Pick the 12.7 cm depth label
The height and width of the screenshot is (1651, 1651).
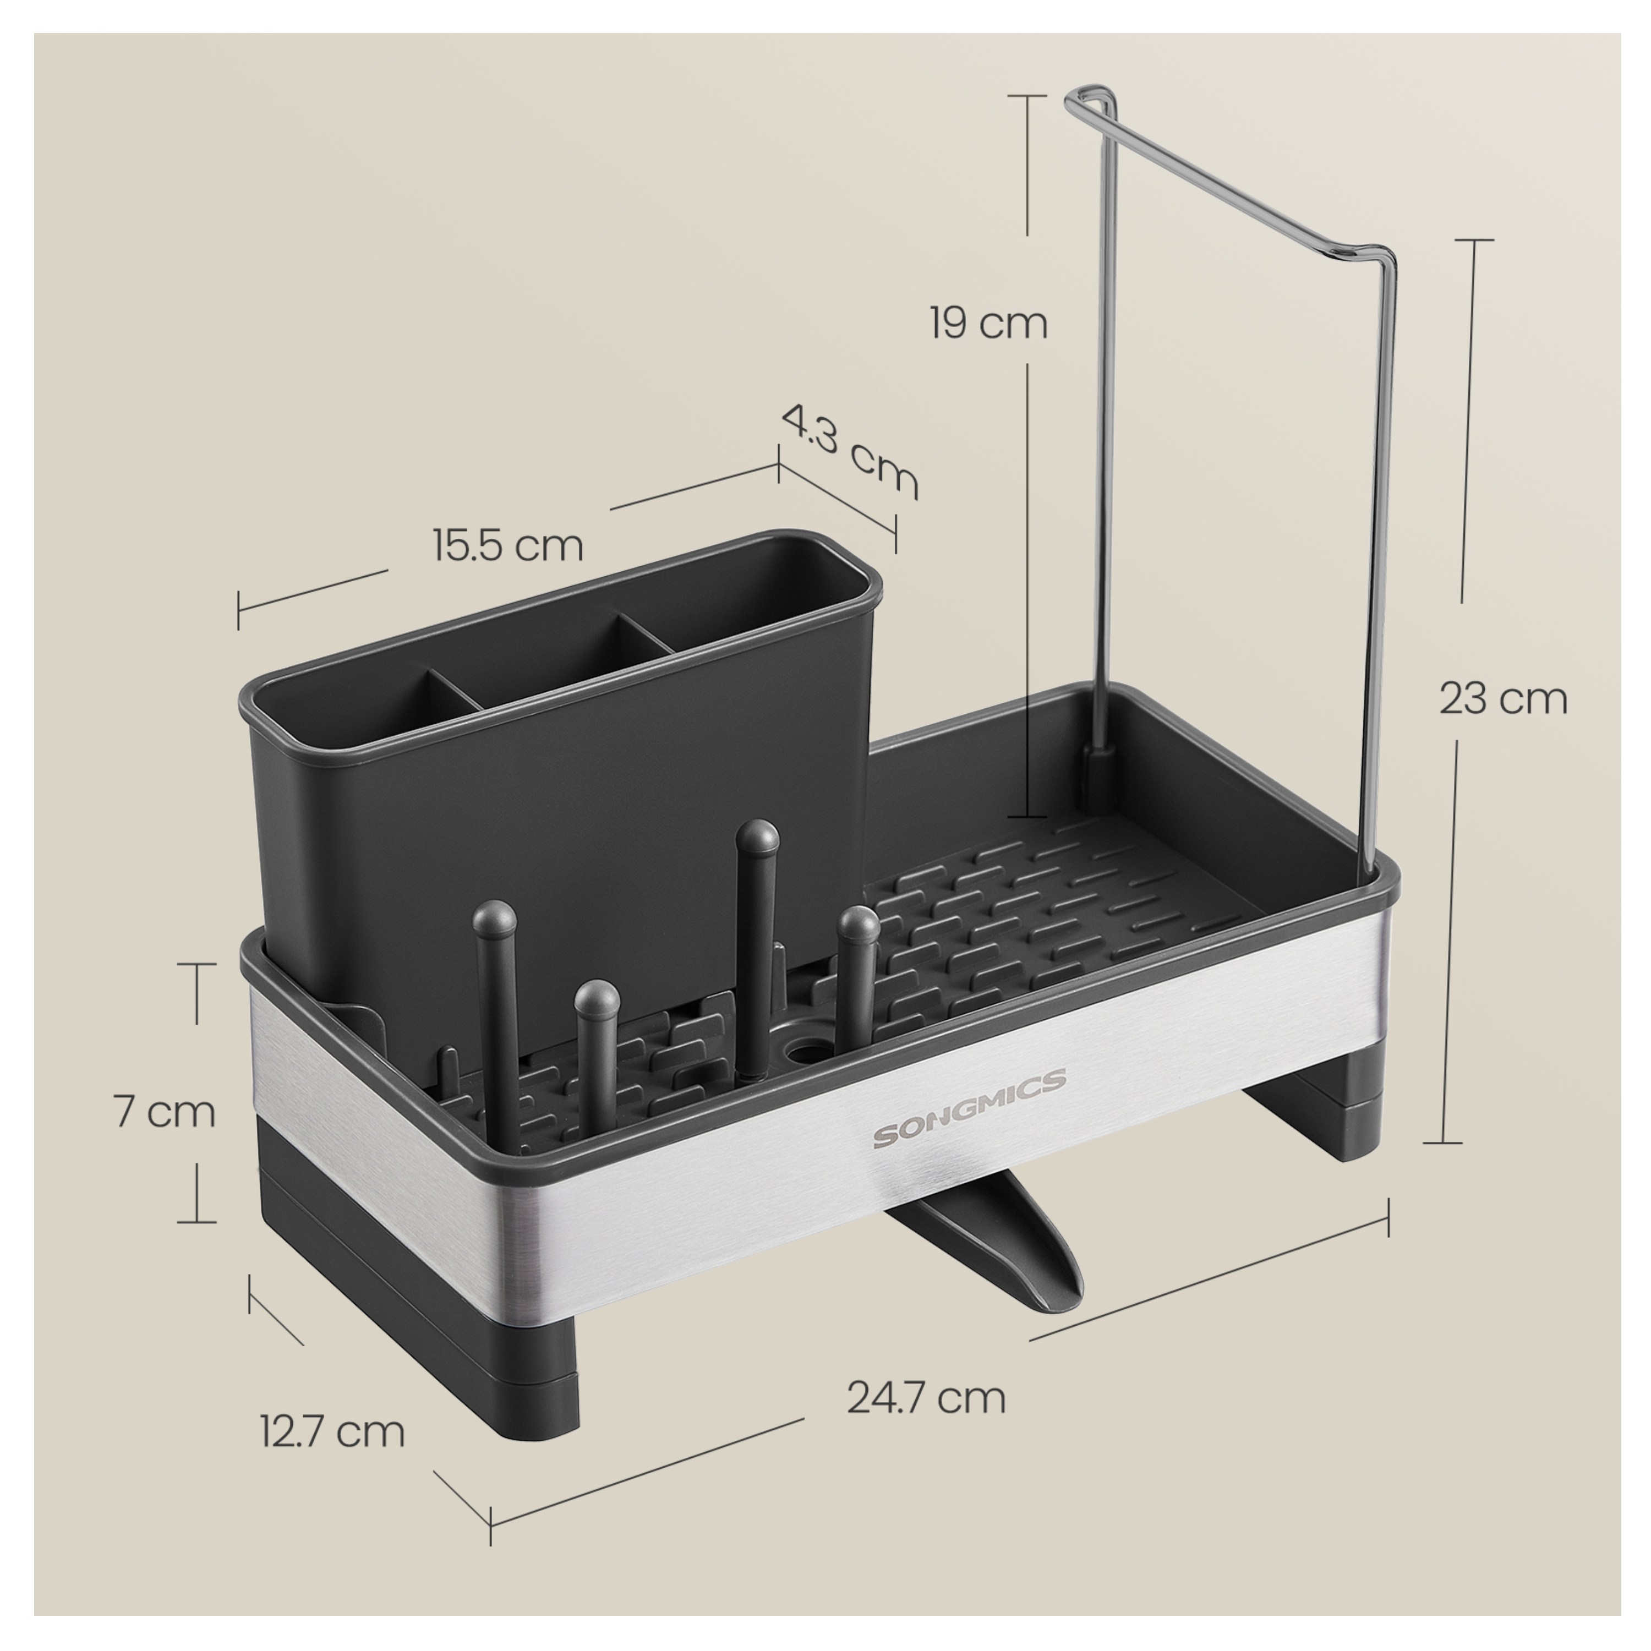click(332, 1431)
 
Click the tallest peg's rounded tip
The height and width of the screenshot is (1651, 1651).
click(758, 839)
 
